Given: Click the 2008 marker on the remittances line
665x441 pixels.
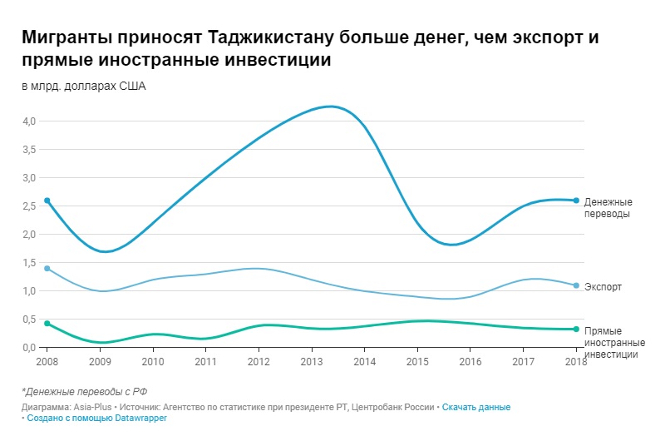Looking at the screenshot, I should (x=47, y=201).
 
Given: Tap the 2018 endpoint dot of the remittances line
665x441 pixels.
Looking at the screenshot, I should (x=576, y=201).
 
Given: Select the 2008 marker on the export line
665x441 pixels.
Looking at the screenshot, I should (x=47, y=269).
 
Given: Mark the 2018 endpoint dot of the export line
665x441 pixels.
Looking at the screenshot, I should (x=576, y=285).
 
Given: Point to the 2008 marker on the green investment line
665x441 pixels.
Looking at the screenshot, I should (x=47, y=323).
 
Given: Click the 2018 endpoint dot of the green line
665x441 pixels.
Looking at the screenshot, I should (x=576, y=329).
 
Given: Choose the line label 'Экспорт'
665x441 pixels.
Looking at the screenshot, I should (x=603, y=287).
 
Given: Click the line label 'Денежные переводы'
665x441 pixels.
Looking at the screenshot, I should (x=608, y=207).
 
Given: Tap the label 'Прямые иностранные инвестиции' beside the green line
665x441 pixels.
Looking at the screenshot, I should (x=612, y=343).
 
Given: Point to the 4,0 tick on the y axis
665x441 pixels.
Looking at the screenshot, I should (x=29, y=121).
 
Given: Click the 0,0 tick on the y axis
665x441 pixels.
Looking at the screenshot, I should (x=29, y=348).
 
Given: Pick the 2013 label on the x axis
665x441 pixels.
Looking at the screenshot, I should (x=311, y=362).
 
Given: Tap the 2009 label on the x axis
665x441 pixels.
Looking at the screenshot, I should (x=100, y=362).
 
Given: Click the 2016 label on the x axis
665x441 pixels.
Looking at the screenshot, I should (x=470, y=362).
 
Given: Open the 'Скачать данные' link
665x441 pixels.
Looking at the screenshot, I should (x=475, y=407).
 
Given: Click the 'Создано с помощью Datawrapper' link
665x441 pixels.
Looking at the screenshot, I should (x=97, y=418).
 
